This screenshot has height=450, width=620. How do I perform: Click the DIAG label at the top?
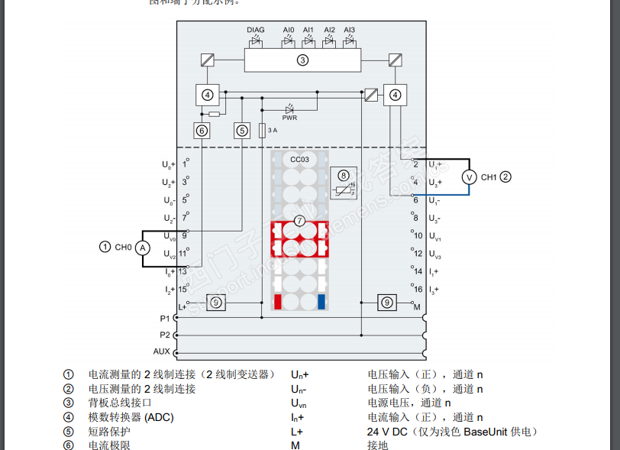(x=256, y=30)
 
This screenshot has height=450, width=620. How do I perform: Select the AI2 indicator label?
(x=329, y=30)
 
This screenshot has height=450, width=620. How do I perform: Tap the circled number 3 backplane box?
(x=302, y=60)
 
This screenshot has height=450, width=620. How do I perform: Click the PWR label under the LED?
(x=289, y=118)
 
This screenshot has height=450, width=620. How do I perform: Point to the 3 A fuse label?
(x=272, y=131)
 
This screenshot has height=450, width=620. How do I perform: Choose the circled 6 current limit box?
(x=202, y=131)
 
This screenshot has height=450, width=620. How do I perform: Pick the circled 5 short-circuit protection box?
(x=242, y=131)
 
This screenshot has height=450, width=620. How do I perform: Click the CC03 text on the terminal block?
(x=299, y=159)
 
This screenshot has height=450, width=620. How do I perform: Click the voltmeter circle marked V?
(x=469, y=177)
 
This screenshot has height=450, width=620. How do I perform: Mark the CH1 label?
(x=489, y=177)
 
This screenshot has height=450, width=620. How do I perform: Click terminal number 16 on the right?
(x=418, y=289)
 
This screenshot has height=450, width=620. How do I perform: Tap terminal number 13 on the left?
(x=183, y=271)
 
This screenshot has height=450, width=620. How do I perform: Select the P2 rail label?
(x=165, y=335)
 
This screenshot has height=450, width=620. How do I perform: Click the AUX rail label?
(x=162, y=351)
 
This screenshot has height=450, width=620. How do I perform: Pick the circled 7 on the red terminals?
(x=299, y=221)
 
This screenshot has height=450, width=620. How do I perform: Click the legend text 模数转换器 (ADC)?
(x=131, y=417)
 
